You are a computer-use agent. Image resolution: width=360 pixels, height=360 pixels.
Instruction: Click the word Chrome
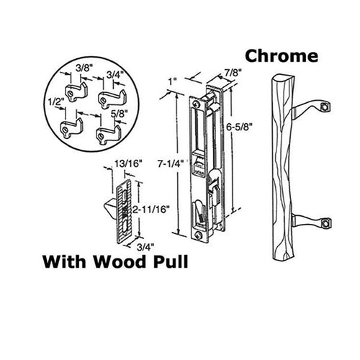(x=282, y=56)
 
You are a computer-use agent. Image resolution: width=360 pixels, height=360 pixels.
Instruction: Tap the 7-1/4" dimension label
(x=171, y=163)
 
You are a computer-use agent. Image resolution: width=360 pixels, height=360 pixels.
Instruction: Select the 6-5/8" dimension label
(x=240, y=127)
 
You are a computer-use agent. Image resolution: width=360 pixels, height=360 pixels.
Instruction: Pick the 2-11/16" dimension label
(x=150, y=210)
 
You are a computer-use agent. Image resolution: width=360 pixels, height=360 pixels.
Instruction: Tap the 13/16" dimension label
(x=127, y=164)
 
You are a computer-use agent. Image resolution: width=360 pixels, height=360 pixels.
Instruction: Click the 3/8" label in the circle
(x=84, y=68)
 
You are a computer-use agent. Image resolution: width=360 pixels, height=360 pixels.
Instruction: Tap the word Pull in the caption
(x=171, y=261)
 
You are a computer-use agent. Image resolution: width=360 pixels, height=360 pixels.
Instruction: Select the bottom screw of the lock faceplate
(x=199, y=235)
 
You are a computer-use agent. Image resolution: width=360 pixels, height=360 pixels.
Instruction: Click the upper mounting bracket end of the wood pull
(x=325, y=107)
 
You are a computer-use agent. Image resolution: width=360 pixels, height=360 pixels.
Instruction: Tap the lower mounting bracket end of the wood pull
(x=326, y=223)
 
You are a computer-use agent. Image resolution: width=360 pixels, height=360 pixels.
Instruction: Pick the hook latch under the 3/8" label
(x=76, y=92)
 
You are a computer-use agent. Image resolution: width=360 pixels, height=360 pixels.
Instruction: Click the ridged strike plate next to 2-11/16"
(x=124, y=211)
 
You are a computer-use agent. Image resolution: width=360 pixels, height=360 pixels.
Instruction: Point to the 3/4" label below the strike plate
(x=145, y=247)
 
